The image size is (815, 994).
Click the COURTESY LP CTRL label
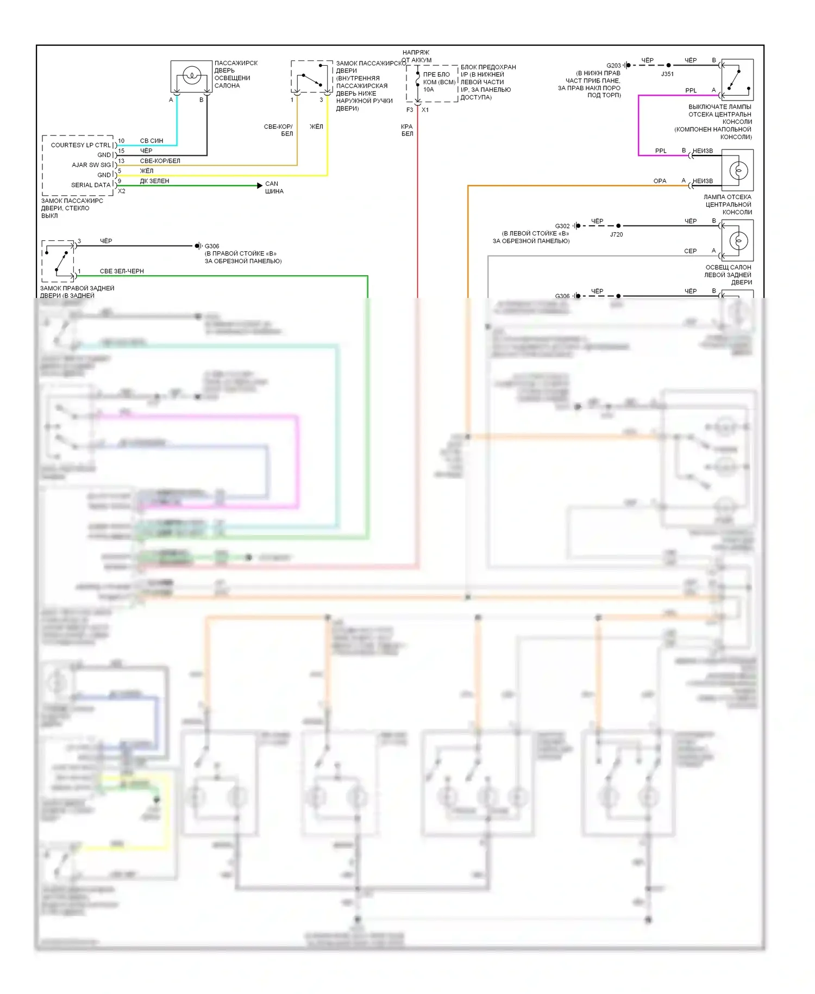tap(80, 145)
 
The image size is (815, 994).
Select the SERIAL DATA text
tap(90, 185)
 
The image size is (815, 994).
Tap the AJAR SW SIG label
tap(91, 165)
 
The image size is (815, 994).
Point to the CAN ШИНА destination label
tap(274, 188)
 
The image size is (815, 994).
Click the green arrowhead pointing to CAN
tap(260, 185)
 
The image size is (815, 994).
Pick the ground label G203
tap(613, 65)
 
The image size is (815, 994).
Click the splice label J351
tap(667, 74)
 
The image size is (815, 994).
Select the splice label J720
tap(616, 234)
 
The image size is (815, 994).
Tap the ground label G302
tap(562, 226)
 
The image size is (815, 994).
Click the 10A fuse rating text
tap(429, 90)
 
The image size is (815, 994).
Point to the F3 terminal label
tap(410, 110)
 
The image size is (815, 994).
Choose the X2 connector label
tap(122, 191)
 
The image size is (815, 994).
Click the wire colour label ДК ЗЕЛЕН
tap(154, 181)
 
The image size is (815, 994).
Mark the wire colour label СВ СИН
tap(152, 141)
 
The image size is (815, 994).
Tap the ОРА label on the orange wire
tap(660, 181)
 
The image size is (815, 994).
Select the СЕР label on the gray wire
tap(690, 251)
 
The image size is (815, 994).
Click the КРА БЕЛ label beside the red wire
tap(407, 130)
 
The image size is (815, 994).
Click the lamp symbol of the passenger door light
tap(191, 75)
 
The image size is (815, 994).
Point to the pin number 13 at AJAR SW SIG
tap(121, 161)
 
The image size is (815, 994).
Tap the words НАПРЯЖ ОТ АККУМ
tap(417, 56)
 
